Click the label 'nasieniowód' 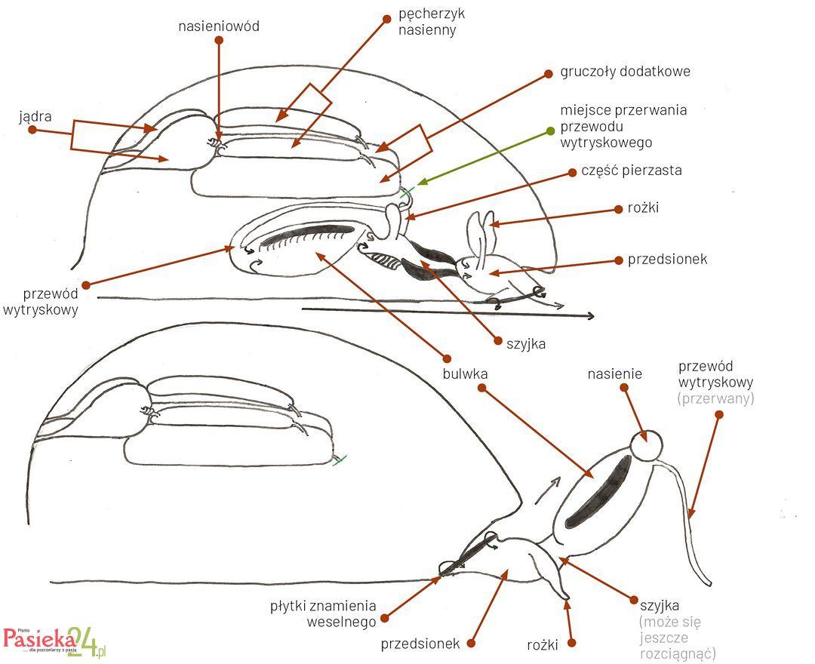click(x=218, y=26)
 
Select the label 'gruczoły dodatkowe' click(x=625, y=72)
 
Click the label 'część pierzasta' click(x=631, y=171)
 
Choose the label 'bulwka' click(x=466, y=373)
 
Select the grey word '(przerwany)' click(x=715, y=399)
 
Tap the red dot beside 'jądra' click(x=32, y=131)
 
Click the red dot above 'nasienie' click(x=624, y=388)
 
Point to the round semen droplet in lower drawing click(x=647, y=445)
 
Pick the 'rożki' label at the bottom click(x=542, y=644)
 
